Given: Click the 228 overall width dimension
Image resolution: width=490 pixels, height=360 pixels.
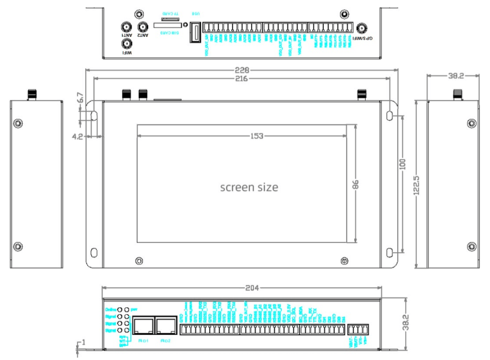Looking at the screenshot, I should click(242, 69).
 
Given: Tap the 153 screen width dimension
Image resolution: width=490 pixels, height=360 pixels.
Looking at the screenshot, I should click(241, 135).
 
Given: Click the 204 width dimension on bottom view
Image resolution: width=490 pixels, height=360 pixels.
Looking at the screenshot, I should click(250, 287).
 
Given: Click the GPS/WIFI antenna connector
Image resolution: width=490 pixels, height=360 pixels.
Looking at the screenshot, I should click(362, 28).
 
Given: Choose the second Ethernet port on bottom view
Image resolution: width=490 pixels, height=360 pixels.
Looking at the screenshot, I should click(165, 326).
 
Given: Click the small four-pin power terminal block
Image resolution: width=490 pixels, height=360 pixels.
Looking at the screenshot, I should click(358, 330).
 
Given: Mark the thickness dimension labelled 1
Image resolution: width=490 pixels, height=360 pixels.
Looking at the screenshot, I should click(83, 343).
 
